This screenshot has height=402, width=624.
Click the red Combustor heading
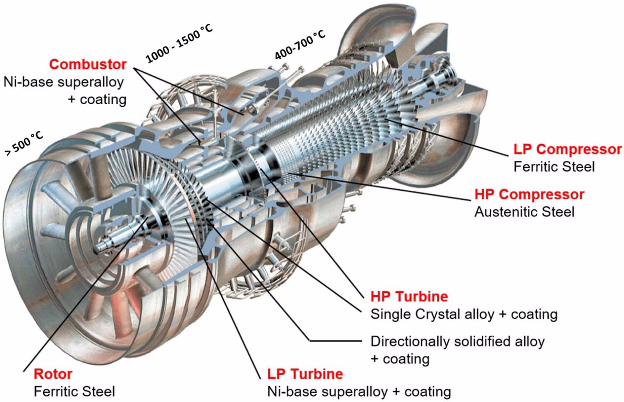[88, 64]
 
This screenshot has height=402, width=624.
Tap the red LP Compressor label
[567, 149]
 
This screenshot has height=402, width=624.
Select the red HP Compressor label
[529, 194]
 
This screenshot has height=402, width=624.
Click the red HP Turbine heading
[409, 296]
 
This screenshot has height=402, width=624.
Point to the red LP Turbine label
[305, 374]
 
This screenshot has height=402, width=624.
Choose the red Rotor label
[53, 374]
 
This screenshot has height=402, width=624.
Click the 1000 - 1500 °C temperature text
[179, 44]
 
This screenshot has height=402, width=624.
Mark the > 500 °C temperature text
[24, 144]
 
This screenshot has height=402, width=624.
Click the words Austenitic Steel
[524, 212]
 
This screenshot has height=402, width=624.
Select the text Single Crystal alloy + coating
[464, 314]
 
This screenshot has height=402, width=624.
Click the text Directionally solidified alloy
[458, 341]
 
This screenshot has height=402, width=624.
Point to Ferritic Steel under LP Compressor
[554, 167]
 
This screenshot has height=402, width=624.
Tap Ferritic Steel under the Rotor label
[74, 391]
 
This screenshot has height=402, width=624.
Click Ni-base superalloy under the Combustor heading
[64, 82]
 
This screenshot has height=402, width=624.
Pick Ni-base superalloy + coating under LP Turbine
[359, 391]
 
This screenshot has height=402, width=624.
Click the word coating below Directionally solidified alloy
[406, 359]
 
